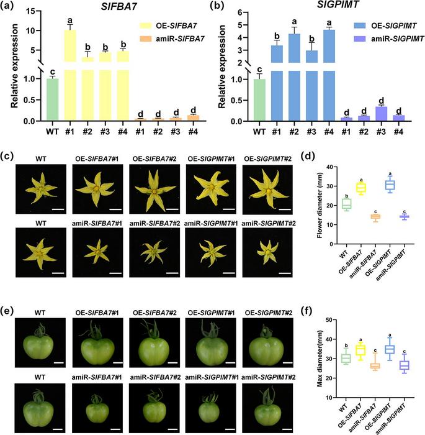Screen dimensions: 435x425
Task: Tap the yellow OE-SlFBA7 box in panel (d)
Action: pyautogui.click(x=360, y=187)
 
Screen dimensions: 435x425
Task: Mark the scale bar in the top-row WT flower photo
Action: pyautogui.click(x=57, y=209)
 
